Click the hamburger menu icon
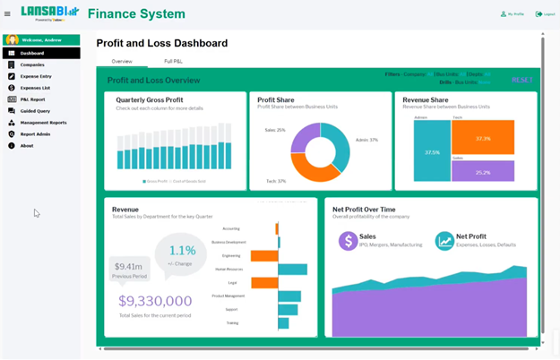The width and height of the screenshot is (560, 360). pyautogui.click(x=7, y=13)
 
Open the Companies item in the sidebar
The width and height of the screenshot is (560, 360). pyautogui.click(x=32, y=64)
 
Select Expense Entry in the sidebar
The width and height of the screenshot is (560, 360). pyautogui.click(x=36, y=76)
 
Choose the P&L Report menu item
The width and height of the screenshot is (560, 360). pyautogui.click(x=32, y=99)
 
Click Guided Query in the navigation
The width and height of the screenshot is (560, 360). pyautogui.click(x=35, y=111)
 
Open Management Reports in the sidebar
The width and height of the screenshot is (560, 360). pyautogui.click(x=43, y=123)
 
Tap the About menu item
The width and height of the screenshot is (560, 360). pyautogui.click(x=27, y=146)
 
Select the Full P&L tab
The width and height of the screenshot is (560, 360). pyautogui.click(x=174, y=61)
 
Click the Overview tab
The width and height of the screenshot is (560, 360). pyautogui.click(x=122, y=61)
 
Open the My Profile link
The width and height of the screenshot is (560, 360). pyautogui.click(x=513, y=14)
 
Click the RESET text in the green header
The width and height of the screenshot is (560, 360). pyautogui.click(x=521, y=80)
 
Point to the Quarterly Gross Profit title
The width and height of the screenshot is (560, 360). pyautogui.click(x=150, y=99)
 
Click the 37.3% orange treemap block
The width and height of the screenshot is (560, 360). pyautogui.click(x=483, y=138)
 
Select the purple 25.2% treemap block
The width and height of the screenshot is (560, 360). pyautogui.click(x=483, y=172)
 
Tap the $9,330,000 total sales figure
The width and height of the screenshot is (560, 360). pyautogui.click(x=155, y=302)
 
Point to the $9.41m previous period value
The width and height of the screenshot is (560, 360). pyautogui.click(x=129, y=266)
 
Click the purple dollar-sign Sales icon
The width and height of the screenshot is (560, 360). pyautogui.click(x=348, y=241)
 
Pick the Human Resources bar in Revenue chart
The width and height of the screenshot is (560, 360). pyautogui.click(x=292, y=269)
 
